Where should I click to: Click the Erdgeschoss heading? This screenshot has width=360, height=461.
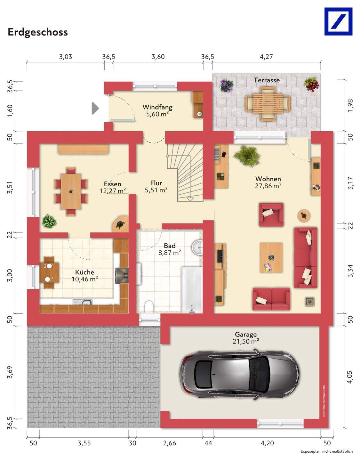click(38, 32)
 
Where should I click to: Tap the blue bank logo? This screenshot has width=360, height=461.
click(338, 21)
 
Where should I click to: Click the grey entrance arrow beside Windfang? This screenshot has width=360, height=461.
click(95, 108)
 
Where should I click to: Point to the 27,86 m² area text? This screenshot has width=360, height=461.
click(268, 186)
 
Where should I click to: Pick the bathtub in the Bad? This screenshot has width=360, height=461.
click(192, 290)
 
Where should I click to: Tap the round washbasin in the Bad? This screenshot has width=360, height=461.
click(197, 247)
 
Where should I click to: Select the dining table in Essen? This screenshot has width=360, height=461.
click(71, 191)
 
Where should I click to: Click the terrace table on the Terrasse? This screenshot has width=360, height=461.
click(268, 102)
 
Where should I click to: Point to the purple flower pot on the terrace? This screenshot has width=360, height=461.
click(227, 85)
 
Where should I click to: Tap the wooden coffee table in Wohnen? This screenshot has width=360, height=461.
click(271, 257)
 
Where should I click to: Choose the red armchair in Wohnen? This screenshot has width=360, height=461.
click(271, 215)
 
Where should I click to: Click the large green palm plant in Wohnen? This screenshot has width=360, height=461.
click(247, 156)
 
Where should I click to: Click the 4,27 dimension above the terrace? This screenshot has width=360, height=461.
click(266, 57)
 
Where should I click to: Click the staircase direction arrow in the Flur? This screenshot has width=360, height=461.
click(190, 199)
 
